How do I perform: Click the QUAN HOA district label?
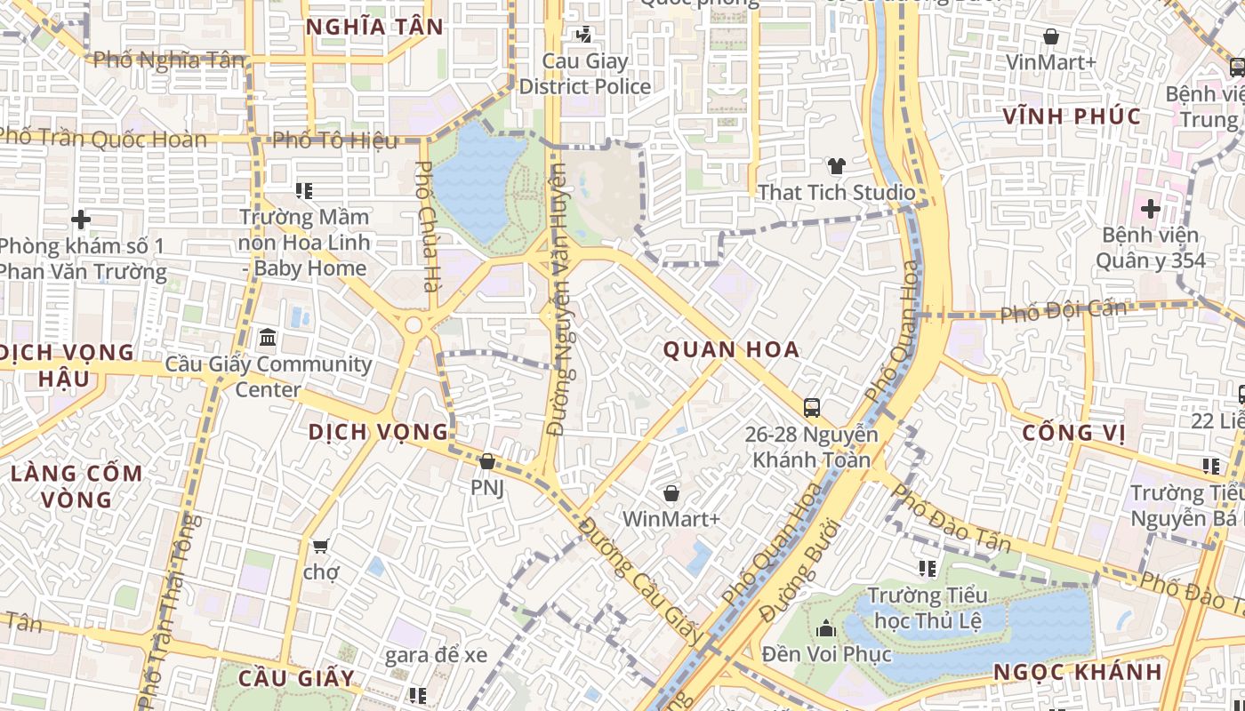click(x=731, y=349)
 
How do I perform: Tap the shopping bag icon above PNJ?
click(x=486, y=462)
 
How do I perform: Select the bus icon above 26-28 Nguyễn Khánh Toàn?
click(x=811, y=408)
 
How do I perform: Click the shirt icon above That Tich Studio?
click(x=836, y=165)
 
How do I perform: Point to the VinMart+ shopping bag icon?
click(x=1051, y=36)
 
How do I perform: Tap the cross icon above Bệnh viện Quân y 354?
click(x=1150, y=209)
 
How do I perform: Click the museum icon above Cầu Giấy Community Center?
click(x=268, y=338)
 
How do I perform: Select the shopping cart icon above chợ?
click(x=320, y=545)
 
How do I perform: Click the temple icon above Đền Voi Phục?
click(x=826, y=629)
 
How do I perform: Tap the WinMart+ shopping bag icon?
click(x=671, y=492)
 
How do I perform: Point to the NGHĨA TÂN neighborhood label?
click(x=374, y=27)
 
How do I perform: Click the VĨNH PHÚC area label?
click(x=1072, y=116)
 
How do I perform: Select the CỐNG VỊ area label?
click(x=1073, y=433)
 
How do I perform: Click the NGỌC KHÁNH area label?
click(x=1078, y=671)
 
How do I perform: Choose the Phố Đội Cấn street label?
click(x=1063, y=311)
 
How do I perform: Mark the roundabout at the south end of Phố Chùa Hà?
click(x=414, y=325)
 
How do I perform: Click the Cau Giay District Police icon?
click(x=584, y=35)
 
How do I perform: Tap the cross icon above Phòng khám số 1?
click(x=81, y=219)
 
